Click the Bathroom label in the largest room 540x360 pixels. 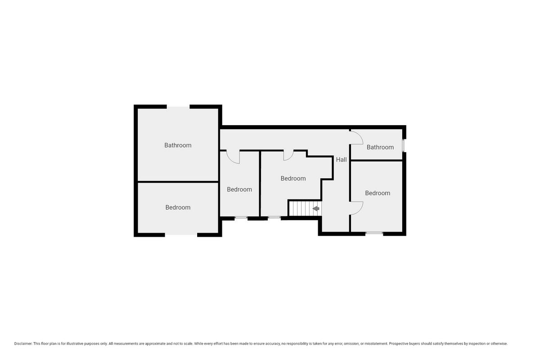click(x=178, y=145)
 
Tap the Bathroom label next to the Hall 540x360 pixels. click(x=380, y=147)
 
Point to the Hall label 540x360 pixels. click(x=342, y=159)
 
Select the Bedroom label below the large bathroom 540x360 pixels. click(x=178, y=207)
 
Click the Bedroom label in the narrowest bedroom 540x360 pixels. click(x=239, y=189)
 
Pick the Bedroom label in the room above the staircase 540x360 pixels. click(x=293, y=179)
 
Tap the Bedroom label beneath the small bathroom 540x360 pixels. click(x=378, y=193)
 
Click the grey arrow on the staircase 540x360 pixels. click(x=316, y=208)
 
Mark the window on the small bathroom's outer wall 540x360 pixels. click(x=403, y=145)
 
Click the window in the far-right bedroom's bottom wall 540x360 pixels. click(x=374, y=233)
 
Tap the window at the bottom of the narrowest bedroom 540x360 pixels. click(x=241, y=218)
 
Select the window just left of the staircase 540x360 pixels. click(x=274, y=218)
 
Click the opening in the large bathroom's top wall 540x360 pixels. click(x=178, y=107)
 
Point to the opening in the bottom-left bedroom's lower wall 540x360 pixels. click(x=181, y=234)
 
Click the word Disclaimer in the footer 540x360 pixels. click(x=23, y=344)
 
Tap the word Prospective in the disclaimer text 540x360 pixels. click(x=399, y=344)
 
